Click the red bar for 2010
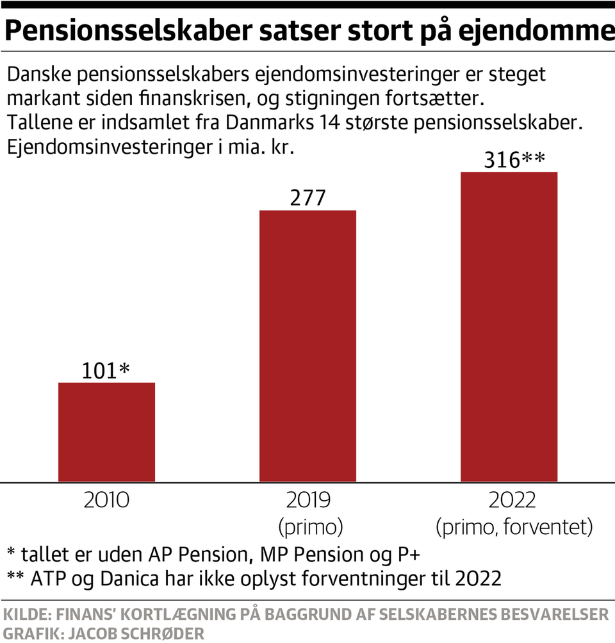coord(106,432)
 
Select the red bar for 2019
coord(307,345)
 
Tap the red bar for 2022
coord(509,327)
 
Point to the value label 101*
coord(106,370)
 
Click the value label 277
coord(307,197)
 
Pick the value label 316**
coord(510,159)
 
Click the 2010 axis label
coord(106,500)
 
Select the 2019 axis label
coord(311,500)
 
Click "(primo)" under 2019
coord(311,527)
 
